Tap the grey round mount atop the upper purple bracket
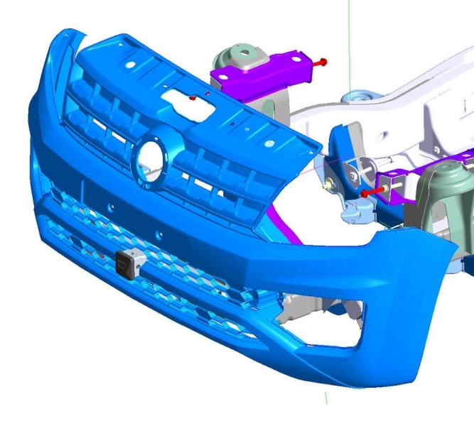[x=242, y=55]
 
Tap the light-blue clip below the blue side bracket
[x=353, y=210]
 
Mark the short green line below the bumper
[x=325, y=397]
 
